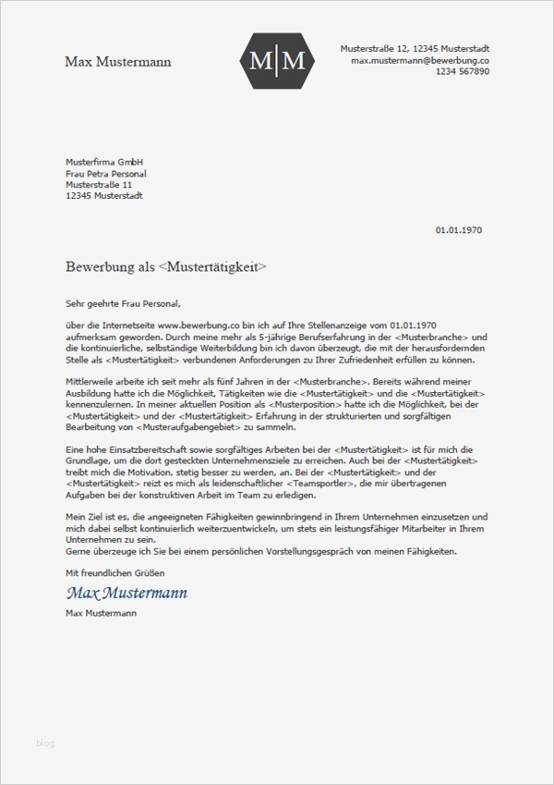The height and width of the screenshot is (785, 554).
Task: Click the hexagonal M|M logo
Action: pyautogui.click(x=277, y=61)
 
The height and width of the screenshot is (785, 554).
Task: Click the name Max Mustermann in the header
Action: pyautogui.click(x=117, y=61)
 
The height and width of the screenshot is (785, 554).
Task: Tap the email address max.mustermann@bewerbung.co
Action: pyautogui.click(x=420, y=59)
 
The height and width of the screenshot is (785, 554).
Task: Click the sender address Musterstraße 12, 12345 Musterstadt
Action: pyautogui.click(x=415, y=47)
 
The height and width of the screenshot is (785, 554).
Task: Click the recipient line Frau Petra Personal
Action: pyautogui.click(x=105, y=173)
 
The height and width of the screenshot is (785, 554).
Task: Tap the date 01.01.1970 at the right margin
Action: pyautogui.click(x=458, y=229)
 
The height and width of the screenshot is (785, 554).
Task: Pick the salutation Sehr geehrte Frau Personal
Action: pyautogui.click(x=124, y=302)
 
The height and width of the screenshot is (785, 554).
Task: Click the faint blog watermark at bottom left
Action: pyautogui.click(x=45, y=742)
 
